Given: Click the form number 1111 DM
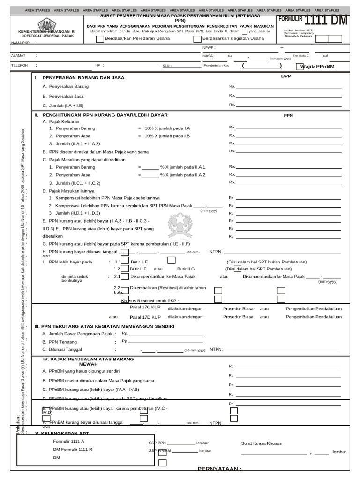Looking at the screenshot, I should click(327, 20).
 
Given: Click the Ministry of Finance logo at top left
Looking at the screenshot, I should click(46, 24).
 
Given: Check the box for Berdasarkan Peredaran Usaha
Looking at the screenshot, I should click(100, 39).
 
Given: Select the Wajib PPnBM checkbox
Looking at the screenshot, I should click(299, 66).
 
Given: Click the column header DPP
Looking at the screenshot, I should click(286, 76).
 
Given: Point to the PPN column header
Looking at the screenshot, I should click(288, 115).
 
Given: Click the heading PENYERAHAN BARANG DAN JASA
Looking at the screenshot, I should click(83, 78).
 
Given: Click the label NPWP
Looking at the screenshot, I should click(208, 47).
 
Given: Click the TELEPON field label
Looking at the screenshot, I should click(19, 66).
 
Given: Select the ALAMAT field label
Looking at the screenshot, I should click(18, 55).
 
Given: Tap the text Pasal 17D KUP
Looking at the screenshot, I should click(145, 317).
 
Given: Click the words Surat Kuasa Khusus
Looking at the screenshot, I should click(261, 443).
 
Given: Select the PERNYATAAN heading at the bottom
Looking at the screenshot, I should click(219, 469).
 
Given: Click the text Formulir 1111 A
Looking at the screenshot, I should click(68, 441).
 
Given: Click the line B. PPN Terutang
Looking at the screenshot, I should click(60, 342).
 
